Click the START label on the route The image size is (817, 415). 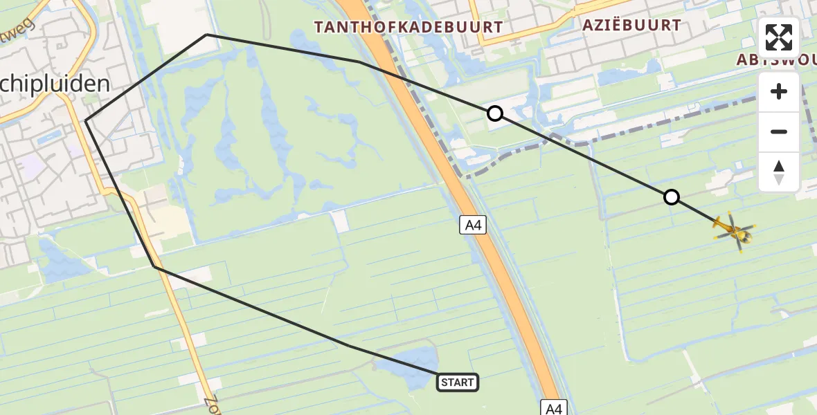pos(458,382)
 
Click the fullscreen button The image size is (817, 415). pos(779,37)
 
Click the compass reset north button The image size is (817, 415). pos(779,172)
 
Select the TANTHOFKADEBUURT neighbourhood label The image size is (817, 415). pos(408,27)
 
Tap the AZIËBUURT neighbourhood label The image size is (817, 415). pos(631,25)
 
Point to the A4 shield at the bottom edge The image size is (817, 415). pos(554,408)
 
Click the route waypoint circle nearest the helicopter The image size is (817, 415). pos(671,198)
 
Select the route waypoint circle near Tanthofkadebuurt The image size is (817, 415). pos(494,113)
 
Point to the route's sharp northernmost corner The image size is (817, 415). pos(206,35)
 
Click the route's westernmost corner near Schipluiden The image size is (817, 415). pos(86,122)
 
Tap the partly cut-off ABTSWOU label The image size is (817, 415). pos(775,59)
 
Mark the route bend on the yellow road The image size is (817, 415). pos(155,266)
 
